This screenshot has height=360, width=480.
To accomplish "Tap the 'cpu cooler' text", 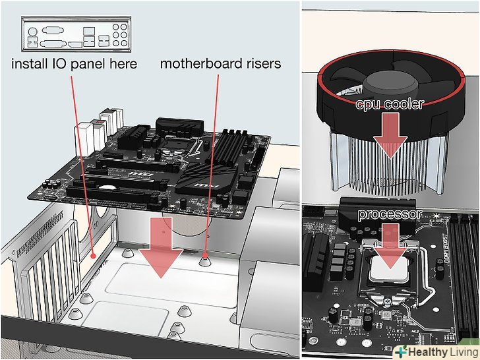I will click(x=390, y=104).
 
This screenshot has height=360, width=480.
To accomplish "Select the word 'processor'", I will click(x=389, y=215).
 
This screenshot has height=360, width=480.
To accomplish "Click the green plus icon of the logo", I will click(x=400, y=351).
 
